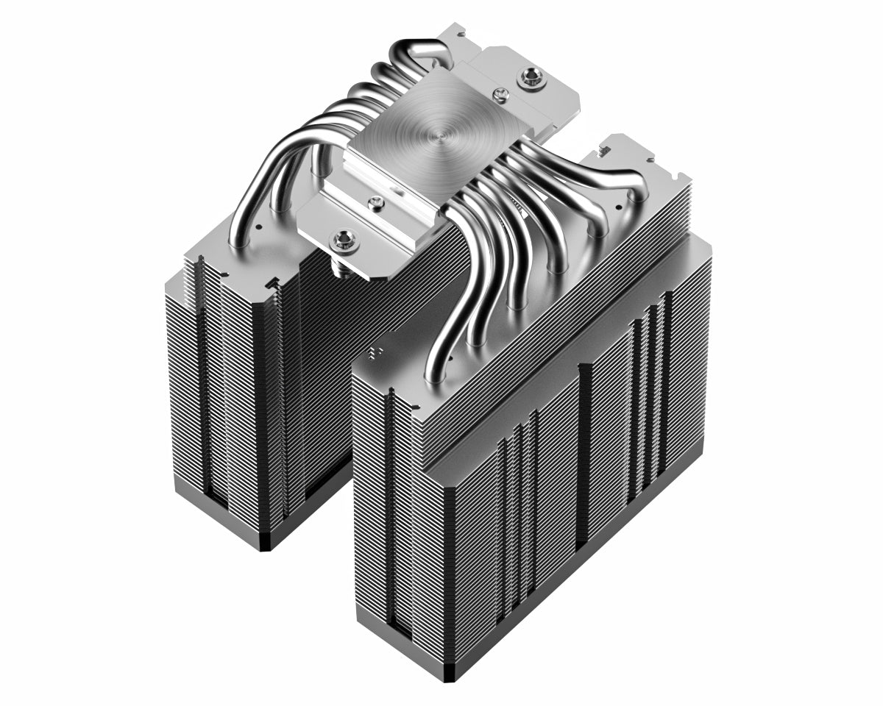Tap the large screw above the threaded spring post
point(344,238)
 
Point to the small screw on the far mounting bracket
point(501,93)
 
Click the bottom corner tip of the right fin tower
point(450,680)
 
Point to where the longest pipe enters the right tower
point(434,371)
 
